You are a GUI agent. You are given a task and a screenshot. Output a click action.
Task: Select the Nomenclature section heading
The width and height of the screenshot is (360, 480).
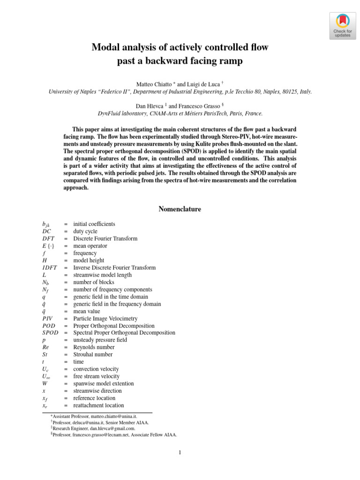180,209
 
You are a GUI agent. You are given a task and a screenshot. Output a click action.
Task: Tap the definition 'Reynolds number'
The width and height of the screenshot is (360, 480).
94,347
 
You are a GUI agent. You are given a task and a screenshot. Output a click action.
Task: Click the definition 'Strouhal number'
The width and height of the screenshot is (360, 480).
93,354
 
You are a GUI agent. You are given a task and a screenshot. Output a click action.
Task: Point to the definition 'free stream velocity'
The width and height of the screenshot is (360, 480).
96,376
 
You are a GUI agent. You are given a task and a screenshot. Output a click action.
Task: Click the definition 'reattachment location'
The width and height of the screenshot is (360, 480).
98,405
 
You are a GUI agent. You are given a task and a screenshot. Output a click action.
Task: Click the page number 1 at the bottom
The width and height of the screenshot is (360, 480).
180,453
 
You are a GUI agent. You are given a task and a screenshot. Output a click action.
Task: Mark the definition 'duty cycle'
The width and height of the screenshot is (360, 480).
85,231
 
